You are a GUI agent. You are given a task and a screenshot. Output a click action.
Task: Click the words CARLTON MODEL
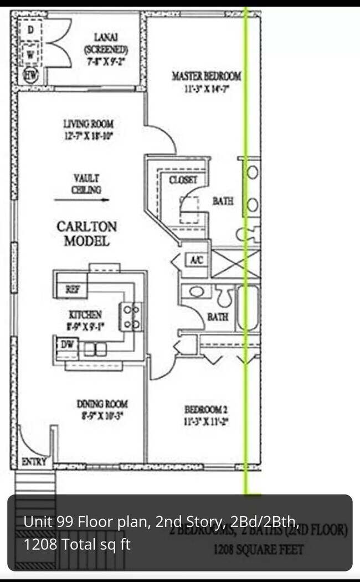(87, 234)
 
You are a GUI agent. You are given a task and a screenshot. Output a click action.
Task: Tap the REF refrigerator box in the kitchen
(73, 289)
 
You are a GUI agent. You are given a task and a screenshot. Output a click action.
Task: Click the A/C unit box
(196, 259)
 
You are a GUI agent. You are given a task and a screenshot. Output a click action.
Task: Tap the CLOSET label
(183, 180)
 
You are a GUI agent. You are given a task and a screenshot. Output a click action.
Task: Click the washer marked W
(30, 54)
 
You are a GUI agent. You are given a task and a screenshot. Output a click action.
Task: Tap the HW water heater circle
(29, 74)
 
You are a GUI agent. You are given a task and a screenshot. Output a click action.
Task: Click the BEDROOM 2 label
(205, 415)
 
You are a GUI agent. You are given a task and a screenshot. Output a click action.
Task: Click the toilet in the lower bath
(224, 297)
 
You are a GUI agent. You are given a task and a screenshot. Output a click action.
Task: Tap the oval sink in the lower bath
(196, 291)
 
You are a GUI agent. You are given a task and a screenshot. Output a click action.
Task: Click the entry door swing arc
(27, 440)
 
